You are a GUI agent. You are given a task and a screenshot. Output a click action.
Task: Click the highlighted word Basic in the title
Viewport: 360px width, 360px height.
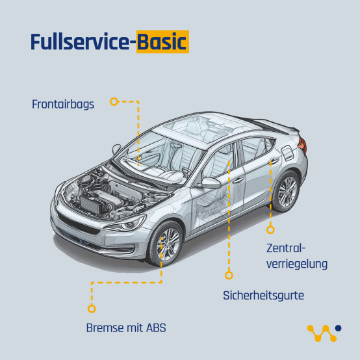(x=162, y=42)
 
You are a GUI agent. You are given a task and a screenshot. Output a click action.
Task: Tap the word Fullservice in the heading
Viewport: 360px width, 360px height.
(x=80, y=42)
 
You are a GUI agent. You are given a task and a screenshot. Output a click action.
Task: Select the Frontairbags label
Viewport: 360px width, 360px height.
(x=63, y=105)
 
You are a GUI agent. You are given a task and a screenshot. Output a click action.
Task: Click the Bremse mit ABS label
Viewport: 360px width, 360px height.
(x=126, y=328)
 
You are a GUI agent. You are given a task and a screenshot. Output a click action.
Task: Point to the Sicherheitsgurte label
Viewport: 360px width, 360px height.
(x=263, y=296)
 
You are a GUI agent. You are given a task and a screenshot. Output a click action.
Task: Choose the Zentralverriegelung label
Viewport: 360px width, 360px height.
(x=297, y=256)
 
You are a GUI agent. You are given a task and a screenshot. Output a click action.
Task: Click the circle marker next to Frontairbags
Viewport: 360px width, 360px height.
(x=114, y=101)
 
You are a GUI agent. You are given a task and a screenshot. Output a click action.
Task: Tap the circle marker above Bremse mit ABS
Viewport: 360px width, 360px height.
(x=92, y=309)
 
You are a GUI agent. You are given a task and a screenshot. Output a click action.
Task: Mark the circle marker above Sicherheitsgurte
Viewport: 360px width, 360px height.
(x=229, y=275)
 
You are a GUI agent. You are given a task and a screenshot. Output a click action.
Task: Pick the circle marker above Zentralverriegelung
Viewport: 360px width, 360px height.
(x=270, y=229)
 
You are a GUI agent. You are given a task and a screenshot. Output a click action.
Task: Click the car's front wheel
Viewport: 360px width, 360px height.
(x=166, y=244)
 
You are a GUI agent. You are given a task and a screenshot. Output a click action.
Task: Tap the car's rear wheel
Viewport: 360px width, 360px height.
(x=286, y=192)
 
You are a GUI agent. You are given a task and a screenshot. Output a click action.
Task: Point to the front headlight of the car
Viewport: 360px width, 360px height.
(x=126, y=224)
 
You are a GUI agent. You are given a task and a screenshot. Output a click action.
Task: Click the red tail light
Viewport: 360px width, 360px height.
(x=303, y=145)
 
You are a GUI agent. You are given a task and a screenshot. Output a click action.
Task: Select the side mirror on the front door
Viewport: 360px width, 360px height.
(x=210, y=183)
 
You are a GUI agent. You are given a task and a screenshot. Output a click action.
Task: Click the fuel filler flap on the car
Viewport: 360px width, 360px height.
(x=287, y=153)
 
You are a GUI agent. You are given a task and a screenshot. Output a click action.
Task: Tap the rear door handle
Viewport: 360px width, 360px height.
(x=274, y=161)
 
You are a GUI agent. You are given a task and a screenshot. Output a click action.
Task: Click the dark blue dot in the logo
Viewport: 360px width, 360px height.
(x=338, y=328)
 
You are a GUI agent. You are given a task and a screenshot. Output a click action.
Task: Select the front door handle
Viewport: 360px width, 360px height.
(x=238, y=180)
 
